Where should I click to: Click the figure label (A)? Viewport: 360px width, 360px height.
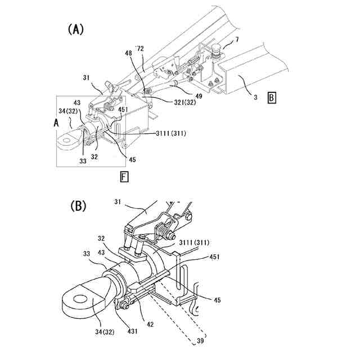[x=75, y=29]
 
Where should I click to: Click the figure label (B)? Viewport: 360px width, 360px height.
[x=78, y=206]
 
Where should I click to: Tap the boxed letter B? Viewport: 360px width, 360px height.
[x=272, y=98]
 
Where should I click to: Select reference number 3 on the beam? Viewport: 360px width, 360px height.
[x=255, y=98]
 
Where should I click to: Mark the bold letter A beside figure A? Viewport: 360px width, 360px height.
[x=55, y=121]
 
